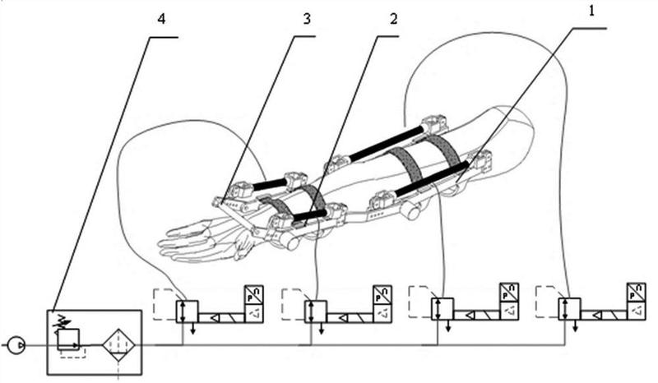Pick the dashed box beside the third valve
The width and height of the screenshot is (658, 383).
point(420,300)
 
